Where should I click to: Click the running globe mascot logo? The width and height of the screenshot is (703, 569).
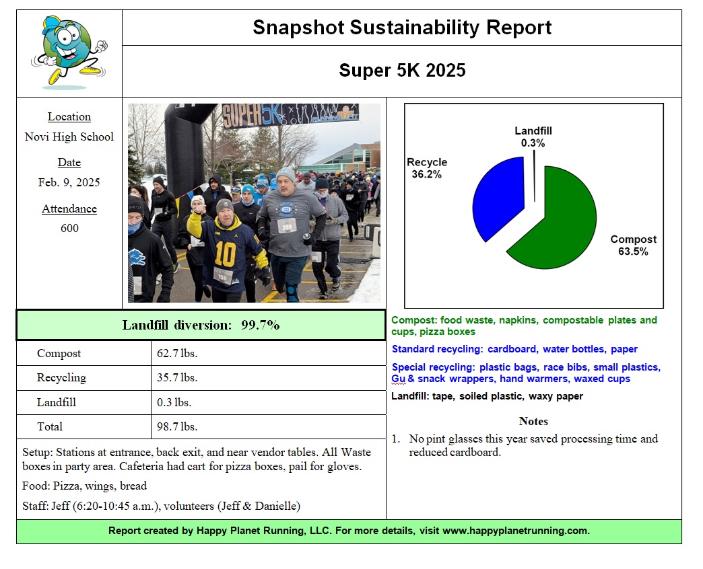click(x=68, y=52)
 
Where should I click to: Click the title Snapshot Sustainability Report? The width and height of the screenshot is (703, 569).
click(x=402, y=28)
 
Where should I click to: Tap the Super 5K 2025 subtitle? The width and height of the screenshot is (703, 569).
click(x=402, y=71)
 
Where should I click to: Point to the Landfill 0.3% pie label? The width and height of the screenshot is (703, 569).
click(x=533, y=137)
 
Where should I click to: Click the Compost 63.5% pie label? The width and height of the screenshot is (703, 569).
click(x=633, y=245)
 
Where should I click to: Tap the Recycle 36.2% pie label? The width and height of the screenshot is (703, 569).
click(x=427, y=168)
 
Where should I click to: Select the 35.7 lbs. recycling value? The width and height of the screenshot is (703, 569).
click(x=177, y=378)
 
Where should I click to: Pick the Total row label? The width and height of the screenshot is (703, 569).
click(x=50, y=426)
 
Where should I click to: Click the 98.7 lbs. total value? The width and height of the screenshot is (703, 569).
click(x=177, y=426)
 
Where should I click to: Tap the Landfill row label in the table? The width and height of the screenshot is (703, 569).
click(x=57, y=402)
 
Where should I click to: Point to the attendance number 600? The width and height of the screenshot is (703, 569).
click(x=69, y=228)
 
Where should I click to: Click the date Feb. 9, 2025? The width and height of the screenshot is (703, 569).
click(x=69, y=182)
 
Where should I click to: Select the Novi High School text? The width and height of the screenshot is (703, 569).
click(x=69, y=137)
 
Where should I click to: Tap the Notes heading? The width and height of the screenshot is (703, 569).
click(x=533, y=421)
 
